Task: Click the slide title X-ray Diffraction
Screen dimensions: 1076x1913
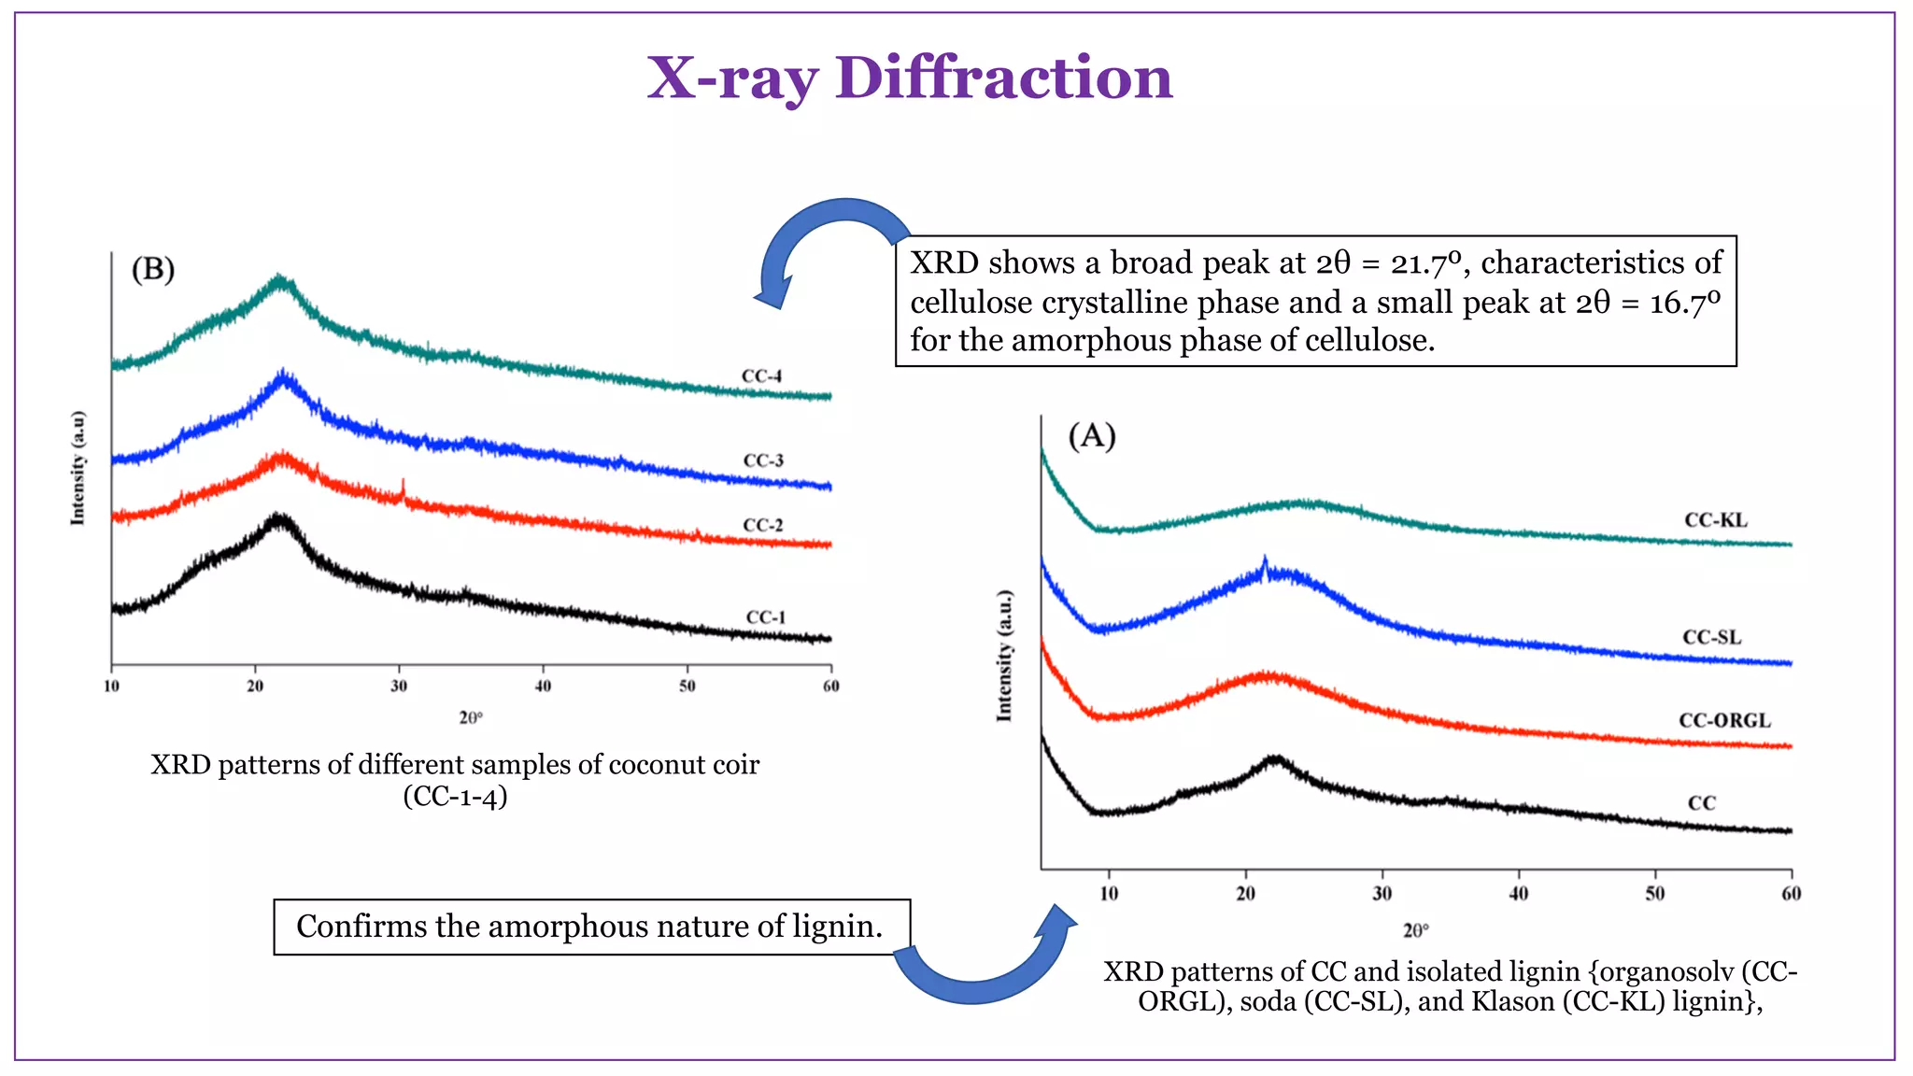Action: pyautogui.click(x=909, y=78)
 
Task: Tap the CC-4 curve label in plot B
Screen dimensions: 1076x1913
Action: pyautogui.click(x=761, y=376)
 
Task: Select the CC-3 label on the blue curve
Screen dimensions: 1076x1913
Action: pyautogui.click(x=763, y=460)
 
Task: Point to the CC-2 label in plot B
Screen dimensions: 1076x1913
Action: pyautogui.click(x=762, y=525)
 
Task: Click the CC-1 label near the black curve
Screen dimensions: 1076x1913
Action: pyautogui.click(x=765, y=617)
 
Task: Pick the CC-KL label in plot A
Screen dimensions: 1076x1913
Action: pyautogui.click(x=1715, y=520)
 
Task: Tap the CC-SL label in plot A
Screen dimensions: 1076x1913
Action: pyautogui.click(x=1711, y=638)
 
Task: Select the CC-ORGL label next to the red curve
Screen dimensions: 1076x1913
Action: pyautogui.click(x=1724, y=720)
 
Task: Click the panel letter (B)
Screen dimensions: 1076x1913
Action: pyautogui.click(x=153, y=270)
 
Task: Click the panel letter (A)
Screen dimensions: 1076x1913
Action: pyautogui.click(x=1092, y=436)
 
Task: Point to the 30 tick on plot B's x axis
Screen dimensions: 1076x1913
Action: pyautogui.click(x=399, y=687)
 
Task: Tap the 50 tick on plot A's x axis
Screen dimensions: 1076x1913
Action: pyautogui.click(x=1654, y=894)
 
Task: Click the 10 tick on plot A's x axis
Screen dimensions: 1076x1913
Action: pyautogui.click(x=1108, y=894)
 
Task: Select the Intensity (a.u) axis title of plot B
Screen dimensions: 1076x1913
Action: pyautogui.click(x=78, y=468)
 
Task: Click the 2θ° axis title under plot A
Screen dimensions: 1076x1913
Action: pyautogui.click(x=1415, y=930)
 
